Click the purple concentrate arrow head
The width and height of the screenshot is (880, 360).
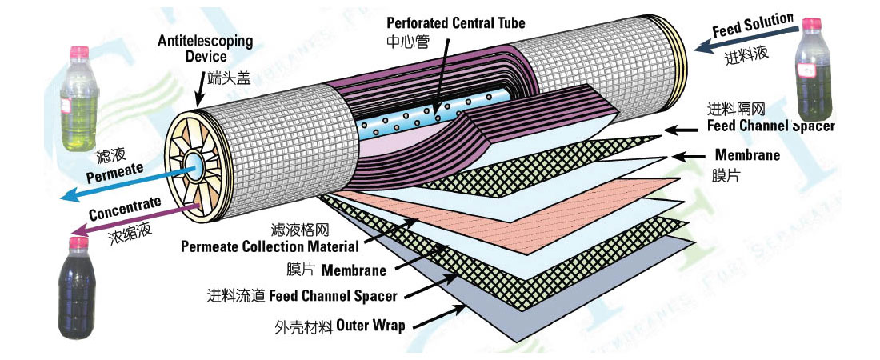click(x=82, y=233)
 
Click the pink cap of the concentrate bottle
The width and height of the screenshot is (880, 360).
click(x=78, y=241)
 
